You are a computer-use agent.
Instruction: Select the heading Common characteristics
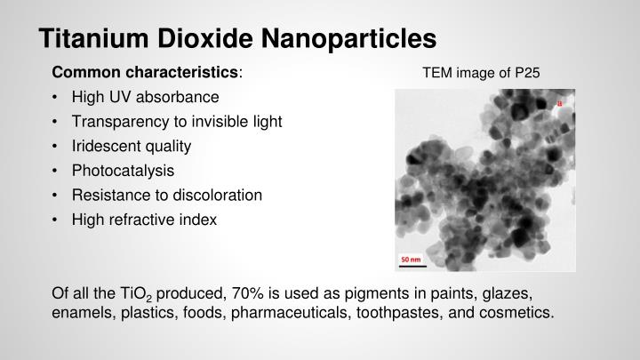147,71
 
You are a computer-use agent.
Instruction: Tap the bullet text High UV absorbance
145,96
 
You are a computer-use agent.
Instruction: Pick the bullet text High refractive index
145,219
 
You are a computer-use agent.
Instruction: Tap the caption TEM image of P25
481,72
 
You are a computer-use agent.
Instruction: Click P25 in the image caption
526,72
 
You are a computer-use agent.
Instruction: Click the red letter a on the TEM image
560,104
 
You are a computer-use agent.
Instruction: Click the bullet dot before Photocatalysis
56,170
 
